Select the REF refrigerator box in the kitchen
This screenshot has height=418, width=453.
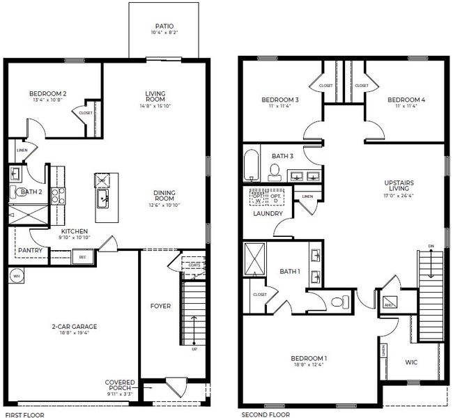click(82, 257)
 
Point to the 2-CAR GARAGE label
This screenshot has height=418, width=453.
click(74, 326)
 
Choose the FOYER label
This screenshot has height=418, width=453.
click(160, 306)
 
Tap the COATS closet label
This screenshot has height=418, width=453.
click(194, 265)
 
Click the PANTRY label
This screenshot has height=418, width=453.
click(31, 251)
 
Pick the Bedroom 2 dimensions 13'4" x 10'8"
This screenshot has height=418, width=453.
click(47, 100)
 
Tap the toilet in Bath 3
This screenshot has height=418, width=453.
click(274, 171)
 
